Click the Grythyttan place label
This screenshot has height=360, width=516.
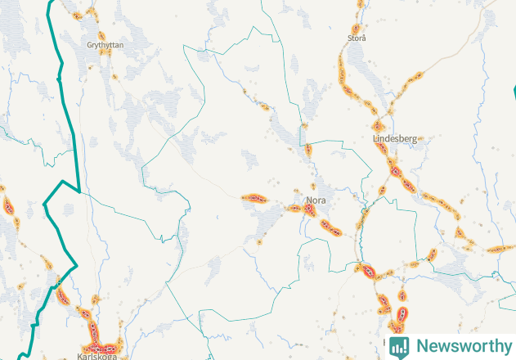pyautogui.click(x=105, y=45)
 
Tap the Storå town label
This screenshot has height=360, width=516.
pyautogui.click(x=357, y=38)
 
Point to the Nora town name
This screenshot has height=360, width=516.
pyautogui.click(x=316, y=200)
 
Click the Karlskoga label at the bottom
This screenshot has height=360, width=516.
pyautogui.click(x=96, y=356)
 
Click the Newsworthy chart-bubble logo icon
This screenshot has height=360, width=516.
pyautogui.click(x=399, y=346)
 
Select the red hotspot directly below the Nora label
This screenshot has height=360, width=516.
pyautogui.click(x=310, y=209)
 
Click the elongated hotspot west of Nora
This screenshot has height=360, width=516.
pyautogui.click(x=254, y=198)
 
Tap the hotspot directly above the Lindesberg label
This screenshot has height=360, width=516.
pyautogui.click(x=378, y=126)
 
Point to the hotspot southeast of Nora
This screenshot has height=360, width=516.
pyautogui.click(x=330, y=227)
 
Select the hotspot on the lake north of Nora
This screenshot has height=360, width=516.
pyautogui.click(x=308, y=150)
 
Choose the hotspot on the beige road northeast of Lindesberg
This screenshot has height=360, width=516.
pyautogui.click(x=413, y=79)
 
